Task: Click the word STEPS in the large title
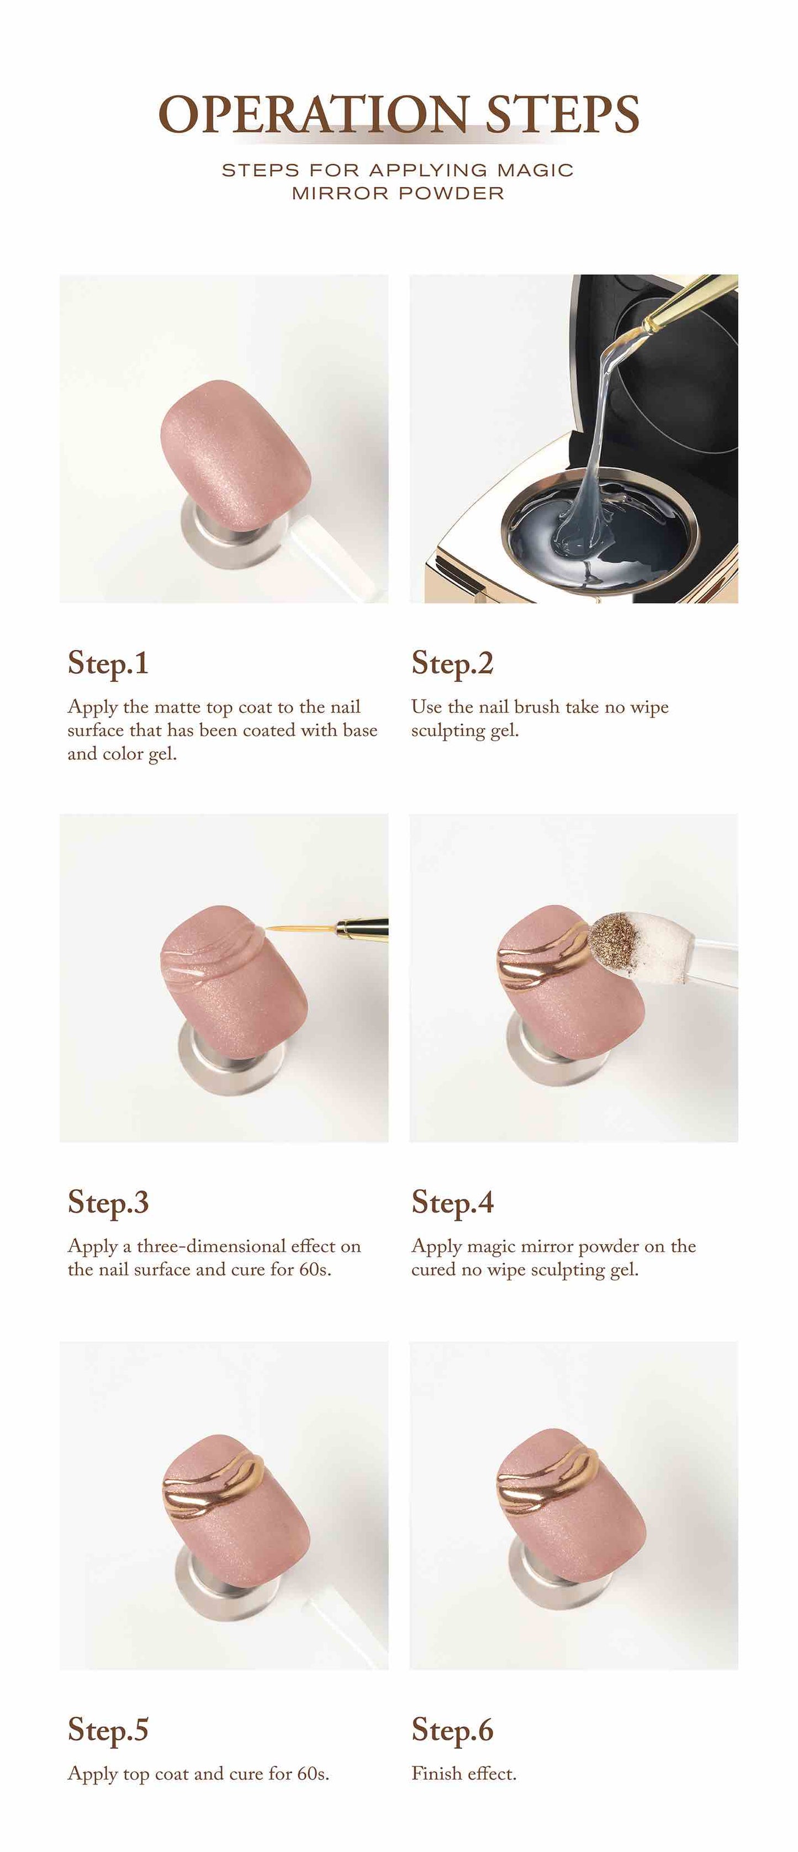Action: pyautogui.click(x=562, y=114)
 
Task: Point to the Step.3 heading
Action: pyautogui.click(x=108, y=1203)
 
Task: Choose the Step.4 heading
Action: pyautogui.click(x=452, y=1203)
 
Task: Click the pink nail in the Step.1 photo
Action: pyautogui.click(x=235, y=456)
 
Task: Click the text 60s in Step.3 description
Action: pyautogui.click(x=315, y=1269)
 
